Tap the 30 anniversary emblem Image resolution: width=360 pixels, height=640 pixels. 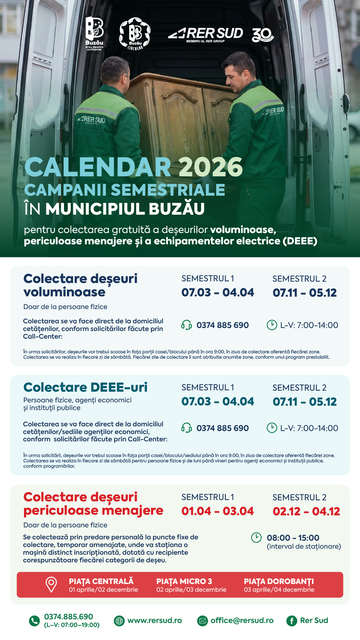(263, 35)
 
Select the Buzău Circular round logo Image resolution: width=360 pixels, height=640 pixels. (135, 34)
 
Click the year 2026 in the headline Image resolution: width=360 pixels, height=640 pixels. (211, 167)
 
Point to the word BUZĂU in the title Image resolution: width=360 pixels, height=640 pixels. (177, 209)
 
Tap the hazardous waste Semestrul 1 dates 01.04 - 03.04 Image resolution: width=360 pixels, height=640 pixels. (217, 511)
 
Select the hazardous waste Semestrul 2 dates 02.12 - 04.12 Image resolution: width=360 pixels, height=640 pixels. (306, 511)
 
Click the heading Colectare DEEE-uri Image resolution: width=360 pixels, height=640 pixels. (85, 387)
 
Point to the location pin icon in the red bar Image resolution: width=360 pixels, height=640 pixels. (51, 584)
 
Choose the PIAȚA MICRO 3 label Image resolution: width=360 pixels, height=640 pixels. (184, 581)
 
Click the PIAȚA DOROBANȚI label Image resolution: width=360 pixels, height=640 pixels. (279, 581)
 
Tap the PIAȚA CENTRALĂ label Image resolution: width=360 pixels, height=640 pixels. (101, 581)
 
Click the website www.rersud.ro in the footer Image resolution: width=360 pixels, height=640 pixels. (155, 620)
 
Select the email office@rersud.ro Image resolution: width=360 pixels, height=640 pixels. (242, 620)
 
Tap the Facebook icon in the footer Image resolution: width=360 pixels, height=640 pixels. (292, 621)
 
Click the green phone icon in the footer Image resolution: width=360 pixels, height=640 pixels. (34, 621)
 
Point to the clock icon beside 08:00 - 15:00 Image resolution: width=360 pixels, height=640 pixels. (256, 538)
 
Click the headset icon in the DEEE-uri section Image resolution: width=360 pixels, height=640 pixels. (186, 428)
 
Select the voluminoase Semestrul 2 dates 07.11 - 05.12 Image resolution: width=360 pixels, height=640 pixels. (305, 293)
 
